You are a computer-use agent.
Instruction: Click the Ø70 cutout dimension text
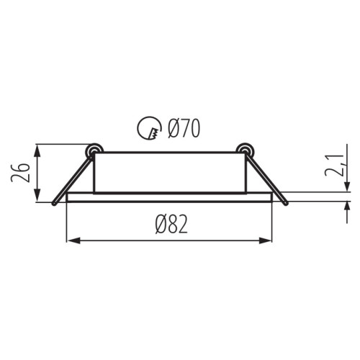[184, 128]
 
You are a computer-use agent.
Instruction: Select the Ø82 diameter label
[171, 224]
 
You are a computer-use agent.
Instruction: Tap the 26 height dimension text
[20, 173]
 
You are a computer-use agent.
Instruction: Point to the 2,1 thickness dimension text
[335, 166]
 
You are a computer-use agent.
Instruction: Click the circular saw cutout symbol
[149, 128]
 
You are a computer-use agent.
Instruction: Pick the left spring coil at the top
[94, 150]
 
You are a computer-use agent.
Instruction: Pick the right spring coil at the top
[245, 150]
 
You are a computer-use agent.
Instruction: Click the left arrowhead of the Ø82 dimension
[73, 240]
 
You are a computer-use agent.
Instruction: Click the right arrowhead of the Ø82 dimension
[266, 240]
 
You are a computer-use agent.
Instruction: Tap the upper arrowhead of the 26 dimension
[37, 151]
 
